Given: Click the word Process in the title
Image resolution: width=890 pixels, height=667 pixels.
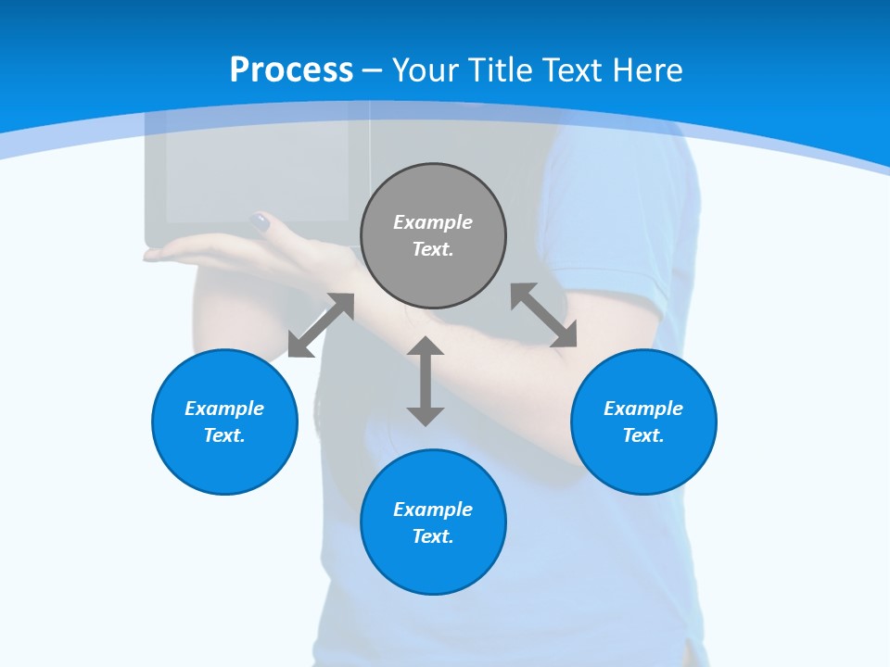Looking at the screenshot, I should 291,69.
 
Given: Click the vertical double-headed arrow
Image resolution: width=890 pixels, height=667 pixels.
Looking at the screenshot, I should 426,381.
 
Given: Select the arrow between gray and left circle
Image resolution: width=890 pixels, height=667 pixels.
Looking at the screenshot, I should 321,325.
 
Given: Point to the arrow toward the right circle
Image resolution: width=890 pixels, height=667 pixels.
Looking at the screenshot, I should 544,315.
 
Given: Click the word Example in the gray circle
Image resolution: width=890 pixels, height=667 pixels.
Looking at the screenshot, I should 433,222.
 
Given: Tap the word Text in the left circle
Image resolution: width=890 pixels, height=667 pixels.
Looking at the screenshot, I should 224,435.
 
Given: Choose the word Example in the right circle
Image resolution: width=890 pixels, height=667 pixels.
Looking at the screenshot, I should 643,409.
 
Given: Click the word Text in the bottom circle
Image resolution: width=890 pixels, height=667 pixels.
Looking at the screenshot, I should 433,536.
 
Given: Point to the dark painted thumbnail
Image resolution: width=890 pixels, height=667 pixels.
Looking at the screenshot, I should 261,222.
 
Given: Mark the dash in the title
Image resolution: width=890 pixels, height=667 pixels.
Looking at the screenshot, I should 372,70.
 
